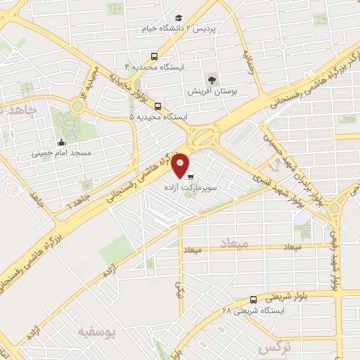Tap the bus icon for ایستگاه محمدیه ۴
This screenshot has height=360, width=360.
(155, 56)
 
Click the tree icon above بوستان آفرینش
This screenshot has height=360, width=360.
(210, 79)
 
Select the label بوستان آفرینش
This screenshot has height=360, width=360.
(210, 91)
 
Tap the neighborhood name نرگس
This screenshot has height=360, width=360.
(275, 347)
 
